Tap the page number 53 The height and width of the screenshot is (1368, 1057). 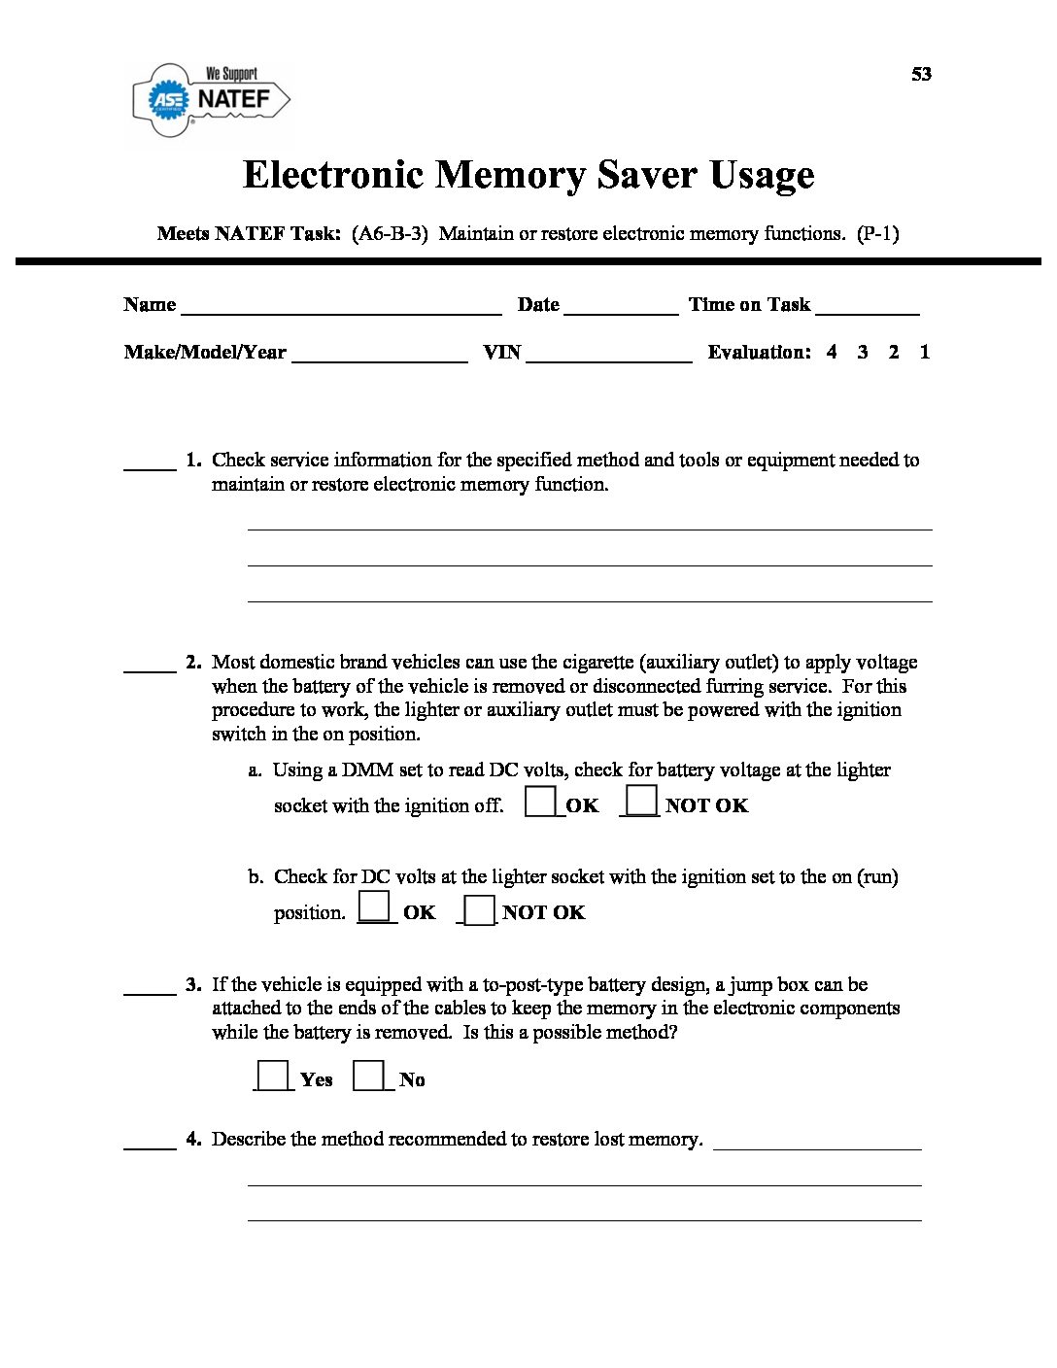point(921,74)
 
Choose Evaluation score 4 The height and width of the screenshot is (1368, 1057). point(832,352)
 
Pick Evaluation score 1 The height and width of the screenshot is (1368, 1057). point(925,352)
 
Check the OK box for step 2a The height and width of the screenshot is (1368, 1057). point(541,802)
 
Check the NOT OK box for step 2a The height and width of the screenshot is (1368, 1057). point(641,802)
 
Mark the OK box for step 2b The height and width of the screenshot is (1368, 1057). point(375,907)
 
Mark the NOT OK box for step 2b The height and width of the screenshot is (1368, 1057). point(480,910)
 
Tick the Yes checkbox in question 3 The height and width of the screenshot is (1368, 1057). point(273,1076)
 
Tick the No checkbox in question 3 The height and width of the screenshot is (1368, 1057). point(368,1076)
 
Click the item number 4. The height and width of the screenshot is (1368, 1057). point(193,1139)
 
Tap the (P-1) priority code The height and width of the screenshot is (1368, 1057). point(878,233)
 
